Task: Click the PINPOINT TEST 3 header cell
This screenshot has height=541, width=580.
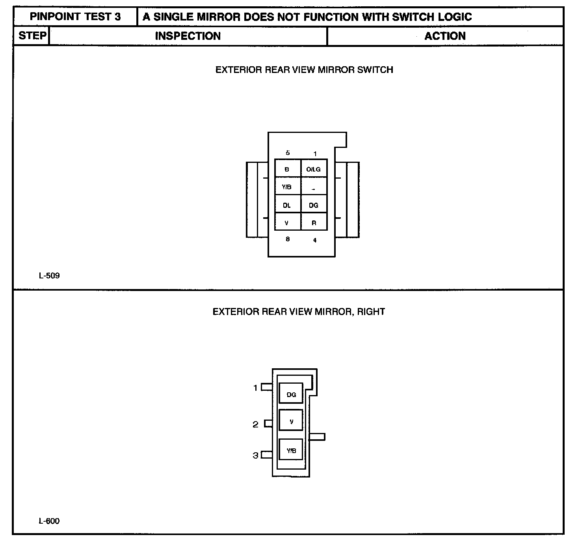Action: coord(75,17)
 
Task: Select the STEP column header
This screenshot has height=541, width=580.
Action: coord(32,36)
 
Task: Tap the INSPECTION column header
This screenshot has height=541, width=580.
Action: coord(188,36)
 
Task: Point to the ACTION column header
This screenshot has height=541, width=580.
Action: coord(445,36)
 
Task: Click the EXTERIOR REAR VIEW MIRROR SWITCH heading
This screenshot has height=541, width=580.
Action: coord(304,70)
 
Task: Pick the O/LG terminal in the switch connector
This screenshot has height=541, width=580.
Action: coord(314,169)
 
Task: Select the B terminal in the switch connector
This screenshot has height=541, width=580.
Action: coord(287,169)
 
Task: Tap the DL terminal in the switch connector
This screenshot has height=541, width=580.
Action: coord(287,205)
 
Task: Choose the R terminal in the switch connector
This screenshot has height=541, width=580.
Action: coord(314,223)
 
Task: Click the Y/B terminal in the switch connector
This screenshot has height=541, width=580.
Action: coord(287,187)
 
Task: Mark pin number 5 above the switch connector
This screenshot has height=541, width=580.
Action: coord(288,153)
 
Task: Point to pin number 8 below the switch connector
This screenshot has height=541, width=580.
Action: coord(288,239)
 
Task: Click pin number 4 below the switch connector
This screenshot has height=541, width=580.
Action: coord(314,240)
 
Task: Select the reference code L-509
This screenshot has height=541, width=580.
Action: coord(49,276)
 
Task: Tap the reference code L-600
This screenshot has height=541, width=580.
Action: coord(49,521)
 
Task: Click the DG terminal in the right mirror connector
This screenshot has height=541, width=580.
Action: coord(291,394)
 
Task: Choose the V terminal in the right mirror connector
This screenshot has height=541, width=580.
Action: coord(291,422)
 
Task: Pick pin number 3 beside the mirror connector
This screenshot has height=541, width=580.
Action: coord(255,455)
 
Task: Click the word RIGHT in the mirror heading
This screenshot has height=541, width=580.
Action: coord(371,312)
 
